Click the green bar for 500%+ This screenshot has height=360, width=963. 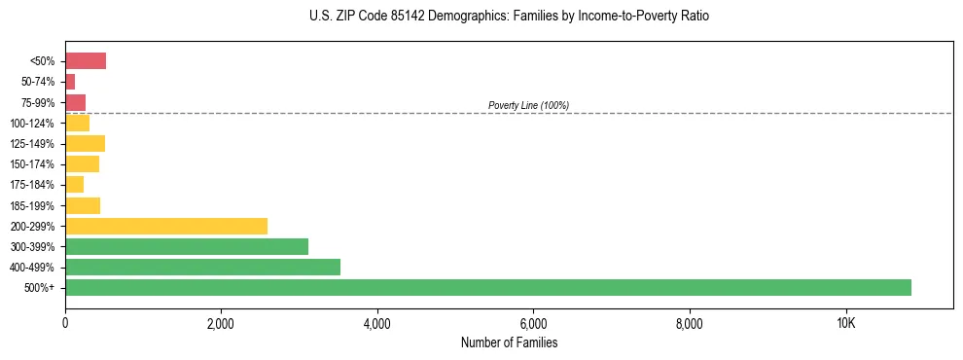pos(487,287)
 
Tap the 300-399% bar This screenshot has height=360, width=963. pos(186,246)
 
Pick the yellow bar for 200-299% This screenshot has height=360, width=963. pos(165,226)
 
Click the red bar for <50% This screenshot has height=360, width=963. pos(86,61)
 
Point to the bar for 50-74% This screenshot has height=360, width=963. pos(70,82)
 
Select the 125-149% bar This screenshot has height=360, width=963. pos(85,144)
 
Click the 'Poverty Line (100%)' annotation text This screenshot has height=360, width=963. pos(528,105)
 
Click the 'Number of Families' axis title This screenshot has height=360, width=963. pos(509,343)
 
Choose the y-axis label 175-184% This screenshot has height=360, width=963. pos(32,185)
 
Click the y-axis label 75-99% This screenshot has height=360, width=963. pos(37,103)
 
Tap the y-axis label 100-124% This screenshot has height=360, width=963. pos(32,124)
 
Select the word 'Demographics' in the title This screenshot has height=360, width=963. pos(455,17)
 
